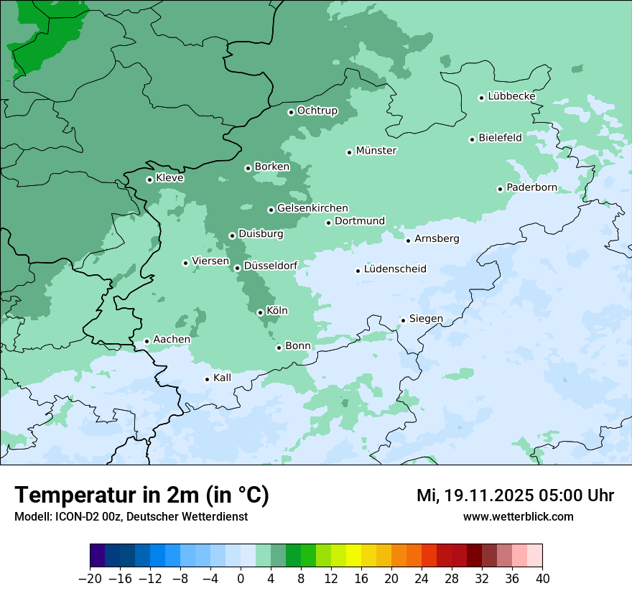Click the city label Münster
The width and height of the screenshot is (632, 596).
click(376, 151)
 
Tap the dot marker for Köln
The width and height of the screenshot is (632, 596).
click(260, 312)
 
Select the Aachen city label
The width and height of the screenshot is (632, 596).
click(172, 340)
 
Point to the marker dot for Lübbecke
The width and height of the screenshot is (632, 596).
click(482, 98)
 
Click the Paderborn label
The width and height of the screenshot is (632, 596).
click(531, 187)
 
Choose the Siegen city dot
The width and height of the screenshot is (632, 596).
click(404, 320)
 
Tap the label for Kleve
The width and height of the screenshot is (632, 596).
click(169, 178)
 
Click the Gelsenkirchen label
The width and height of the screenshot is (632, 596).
click(312, 208)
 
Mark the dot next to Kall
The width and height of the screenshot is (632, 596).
click(208, 379)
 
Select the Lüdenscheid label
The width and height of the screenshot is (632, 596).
click(395, 269)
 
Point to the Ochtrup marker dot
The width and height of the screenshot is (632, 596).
click(291, 112)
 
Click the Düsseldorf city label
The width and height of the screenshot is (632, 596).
click(271, 266)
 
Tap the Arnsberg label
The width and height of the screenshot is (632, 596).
click(437, 238)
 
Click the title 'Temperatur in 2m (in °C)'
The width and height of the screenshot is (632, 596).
click(141, 495)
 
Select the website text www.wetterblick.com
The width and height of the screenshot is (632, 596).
click(518, 516)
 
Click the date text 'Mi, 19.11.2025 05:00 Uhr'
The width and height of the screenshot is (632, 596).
click(515, 495)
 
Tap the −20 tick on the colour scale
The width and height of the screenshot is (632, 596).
click(90, 579)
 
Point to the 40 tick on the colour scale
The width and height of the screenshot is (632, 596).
click(542, 579)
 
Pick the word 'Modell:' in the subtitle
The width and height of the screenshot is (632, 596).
click(31, 516)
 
